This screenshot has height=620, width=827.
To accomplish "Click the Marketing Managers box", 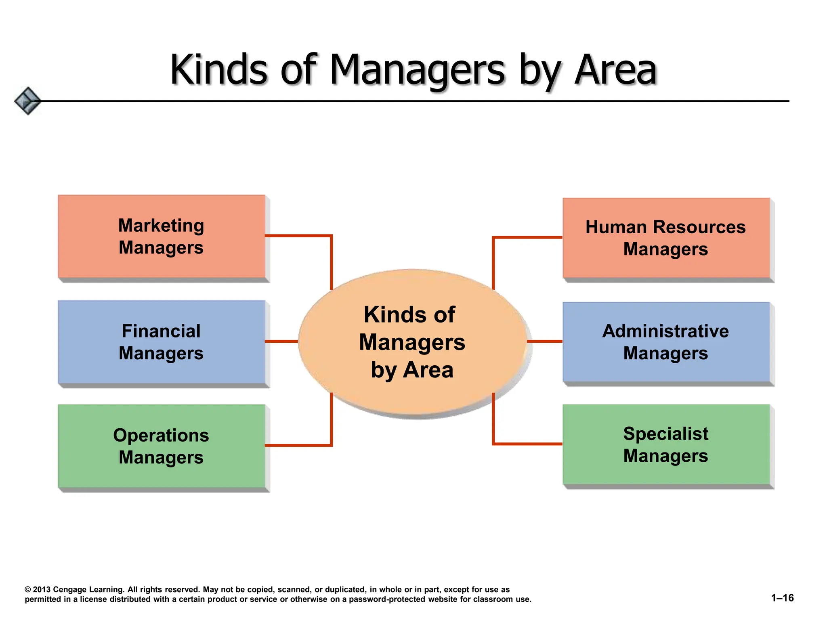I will (x=162, y=237).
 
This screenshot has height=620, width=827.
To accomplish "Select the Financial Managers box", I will (x=162, y=342).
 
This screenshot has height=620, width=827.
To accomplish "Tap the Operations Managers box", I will (x=162, y=446).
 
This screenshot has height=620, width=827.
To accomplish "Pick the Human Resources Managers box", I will (x=666, y=238).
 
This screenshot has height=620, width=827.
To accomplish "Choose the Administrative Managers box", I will (x=666, y=342).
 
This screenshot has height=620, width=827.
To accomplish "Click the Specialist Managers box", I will (x=666, y=444).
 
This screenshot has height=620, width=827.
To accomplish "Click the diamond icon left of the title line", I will (x=27, y=101).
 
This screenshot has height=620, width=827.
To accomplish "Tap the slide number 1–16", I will (x=782, y=598).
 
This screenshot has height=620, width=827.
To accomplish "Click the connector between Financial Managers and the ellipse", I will (x=281, y=341).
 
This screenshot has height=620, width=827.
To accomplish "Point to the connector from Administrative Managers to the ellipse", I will (x=545, y=341).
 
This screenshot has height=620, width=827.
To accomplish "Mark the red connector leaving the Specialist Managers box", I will (x=527, y=444).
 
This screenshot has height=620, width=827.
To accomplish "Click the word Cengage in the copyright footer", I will (x=69, y=589).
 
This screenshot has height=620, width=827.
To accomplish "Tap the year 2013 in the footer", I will (x=42, y=589).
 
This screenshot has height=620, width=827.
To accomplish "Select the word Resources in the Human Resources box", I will (x=699, y=227).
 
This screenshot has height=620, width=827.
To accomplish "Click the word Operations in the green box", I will (x=161, y=435).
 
